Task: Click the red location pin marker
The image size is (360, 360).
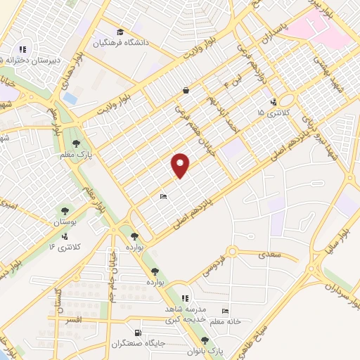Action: click(x=181, y=165)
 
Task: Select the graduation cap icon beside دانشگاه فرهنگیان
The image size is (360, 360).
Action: click(x=120, y=32)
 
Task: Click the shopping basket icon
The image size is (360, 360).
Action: click(x=186, y=90)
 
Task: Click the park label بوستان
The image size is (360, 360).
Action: click(x=64, y=221)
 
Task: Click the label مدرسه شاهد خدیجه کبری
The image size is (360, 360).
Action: click(x=185, y=314)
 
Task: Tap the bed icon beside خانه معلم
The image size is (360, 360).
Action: click(x=225, y=311)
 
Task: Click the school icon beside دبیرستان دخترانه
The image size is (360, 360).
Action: click(x=22, y=50)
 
